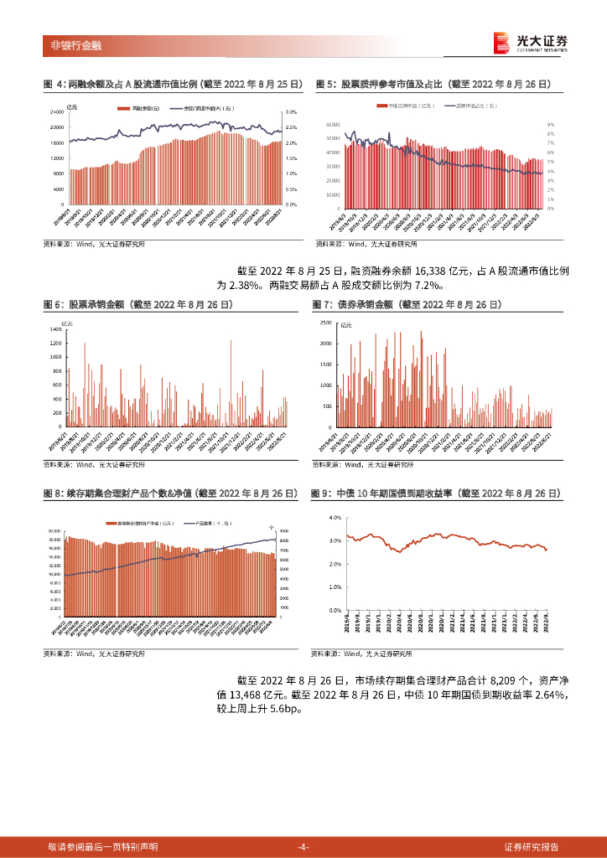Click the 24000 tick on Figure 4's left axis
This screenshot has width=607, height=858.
57,111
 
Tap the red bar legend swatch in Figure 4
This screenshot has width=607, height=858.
123,109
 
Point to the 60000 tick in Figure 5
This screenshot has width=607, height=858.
333,123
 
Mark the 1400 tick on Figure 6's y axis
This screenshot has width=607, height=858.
56,330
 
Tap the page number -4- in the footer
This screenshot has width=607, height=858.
303,847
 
